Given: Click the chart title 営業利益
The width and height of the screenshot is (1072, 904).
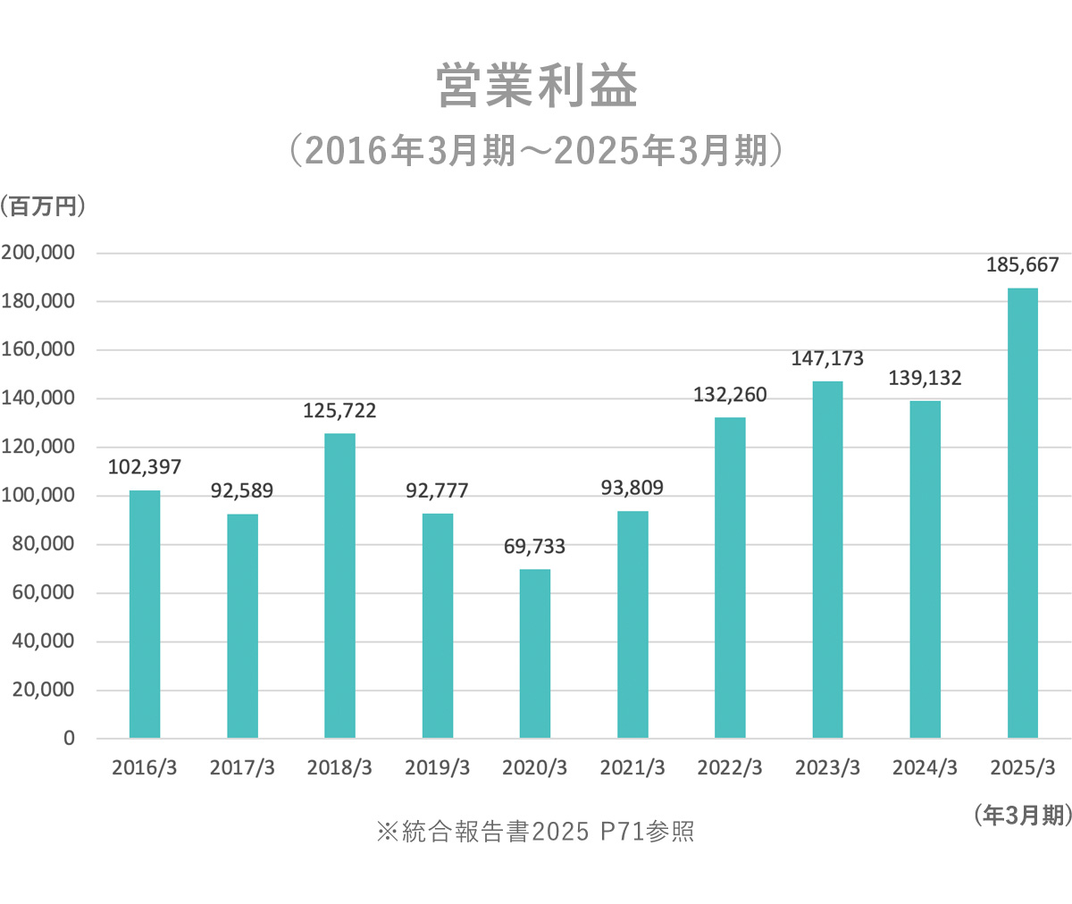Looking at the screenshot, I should (537, 87).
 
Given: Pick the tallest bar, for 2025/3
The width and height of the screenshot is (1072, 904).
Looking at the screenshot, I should (1023, 513).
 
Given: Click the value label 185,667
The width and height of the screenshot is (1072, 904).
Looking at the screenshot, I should (1022, 265).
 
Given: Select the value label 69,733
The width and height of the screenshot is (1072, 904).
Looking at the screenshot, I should (534, 547).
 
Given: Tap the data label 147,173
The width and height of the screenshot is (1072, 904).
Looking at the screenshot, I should (827, 359).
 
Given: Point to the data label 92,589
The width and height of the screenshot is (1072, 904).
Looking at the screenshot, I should (242, 491).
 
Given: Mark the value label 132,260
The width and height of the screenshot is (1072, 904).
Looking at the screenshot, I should (730, 395).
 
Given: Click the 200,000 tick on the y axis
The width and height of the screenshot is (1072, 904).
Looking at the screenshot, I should (38, 253).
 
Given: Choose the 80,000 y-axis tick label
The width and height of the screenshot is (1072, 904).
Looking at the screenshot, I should (42, 544).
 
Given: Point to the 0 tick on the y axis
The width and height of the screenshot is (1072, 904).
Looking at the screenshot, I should (69, 739).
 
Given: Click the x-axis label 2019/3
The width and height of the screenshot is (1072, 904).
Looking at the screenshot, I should (437, 768).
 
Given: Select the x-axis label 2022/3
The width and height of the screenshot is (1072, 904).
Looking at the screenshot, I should (730, 768).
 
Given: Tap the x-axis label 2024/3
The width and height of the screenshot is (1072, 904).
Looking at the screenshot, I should (925, 768).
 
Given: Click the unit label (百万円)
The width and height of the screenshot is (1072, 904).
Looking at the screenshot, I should (44, 206).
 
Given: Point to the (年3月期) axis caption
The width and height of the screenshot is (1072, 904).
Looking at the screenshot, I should (1022, 815).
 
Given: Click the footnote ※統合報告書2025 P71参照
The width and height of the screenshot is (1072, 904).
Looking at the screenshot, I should (535, 833).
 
